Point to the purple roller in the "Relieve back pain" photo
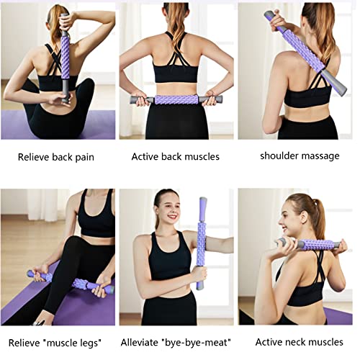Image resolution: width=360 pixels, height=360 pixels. (x=66, y=58)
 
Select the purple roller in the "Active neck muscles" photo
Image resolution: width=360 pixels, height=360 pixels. (x=318, y=245)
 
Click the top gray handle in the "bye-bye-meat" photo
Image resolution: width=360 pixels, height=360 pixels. (x=203, y=210)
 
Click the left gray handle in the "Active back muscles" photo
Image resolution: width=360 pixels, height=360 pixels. (x=142, y=100)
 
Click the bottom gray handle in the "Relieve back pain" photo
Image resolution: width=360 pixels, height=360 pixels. (x=66, y=89)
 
